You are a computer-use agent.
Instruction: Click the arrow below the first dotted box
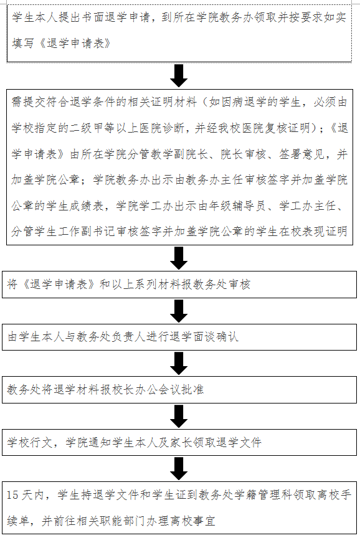pyautogui.click(x=179, y=75)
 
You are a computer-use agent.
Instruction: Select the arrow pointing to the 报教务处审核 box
pyautogui.click(x=179, y=258)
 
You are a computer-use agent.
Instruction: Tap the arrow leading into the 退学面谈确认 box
pyautogui.click(x=179, y=311)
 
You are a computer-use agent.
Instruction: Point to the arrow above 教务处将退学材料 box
pyautogui.click(x=179, y=364)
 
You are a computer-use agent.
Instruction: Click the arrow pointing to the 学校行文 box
pyautogui.click(x=179, y=416)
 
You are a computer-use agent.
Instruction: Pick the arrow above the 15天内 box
pyautogui.click(x=179, y=469)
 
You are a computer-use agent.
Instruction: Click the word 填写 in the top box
pyautogui.click(x=23, y=43)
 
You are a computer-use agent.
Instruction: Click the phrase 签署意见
pyautogui.click(x=301, y=154)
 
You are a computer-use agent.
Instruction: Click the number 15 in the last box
pyautogui.click(x=12, y=495)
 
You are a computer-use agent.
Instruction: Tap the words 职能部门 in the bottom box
pyautogui.click(x=123, y=521)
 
